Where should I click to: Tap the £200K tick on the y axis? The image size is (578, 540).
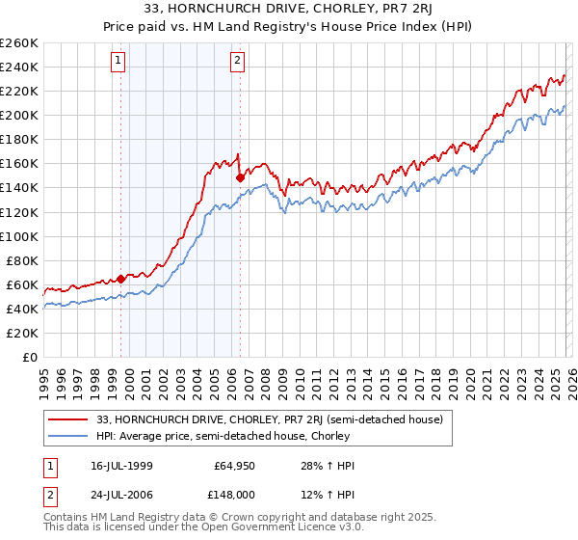point(19,115)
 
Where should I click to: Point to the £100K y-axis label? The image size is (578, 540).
point(19,236)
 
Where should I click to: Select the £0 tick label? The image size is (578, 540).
point(29,357)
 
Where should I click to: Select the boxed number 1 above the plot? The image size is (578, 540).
point(118,61)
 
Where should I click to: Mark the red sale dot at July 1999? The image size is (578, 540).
point(120,279)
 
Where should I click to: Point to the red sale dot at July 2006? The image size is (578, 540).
point(240,177)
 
